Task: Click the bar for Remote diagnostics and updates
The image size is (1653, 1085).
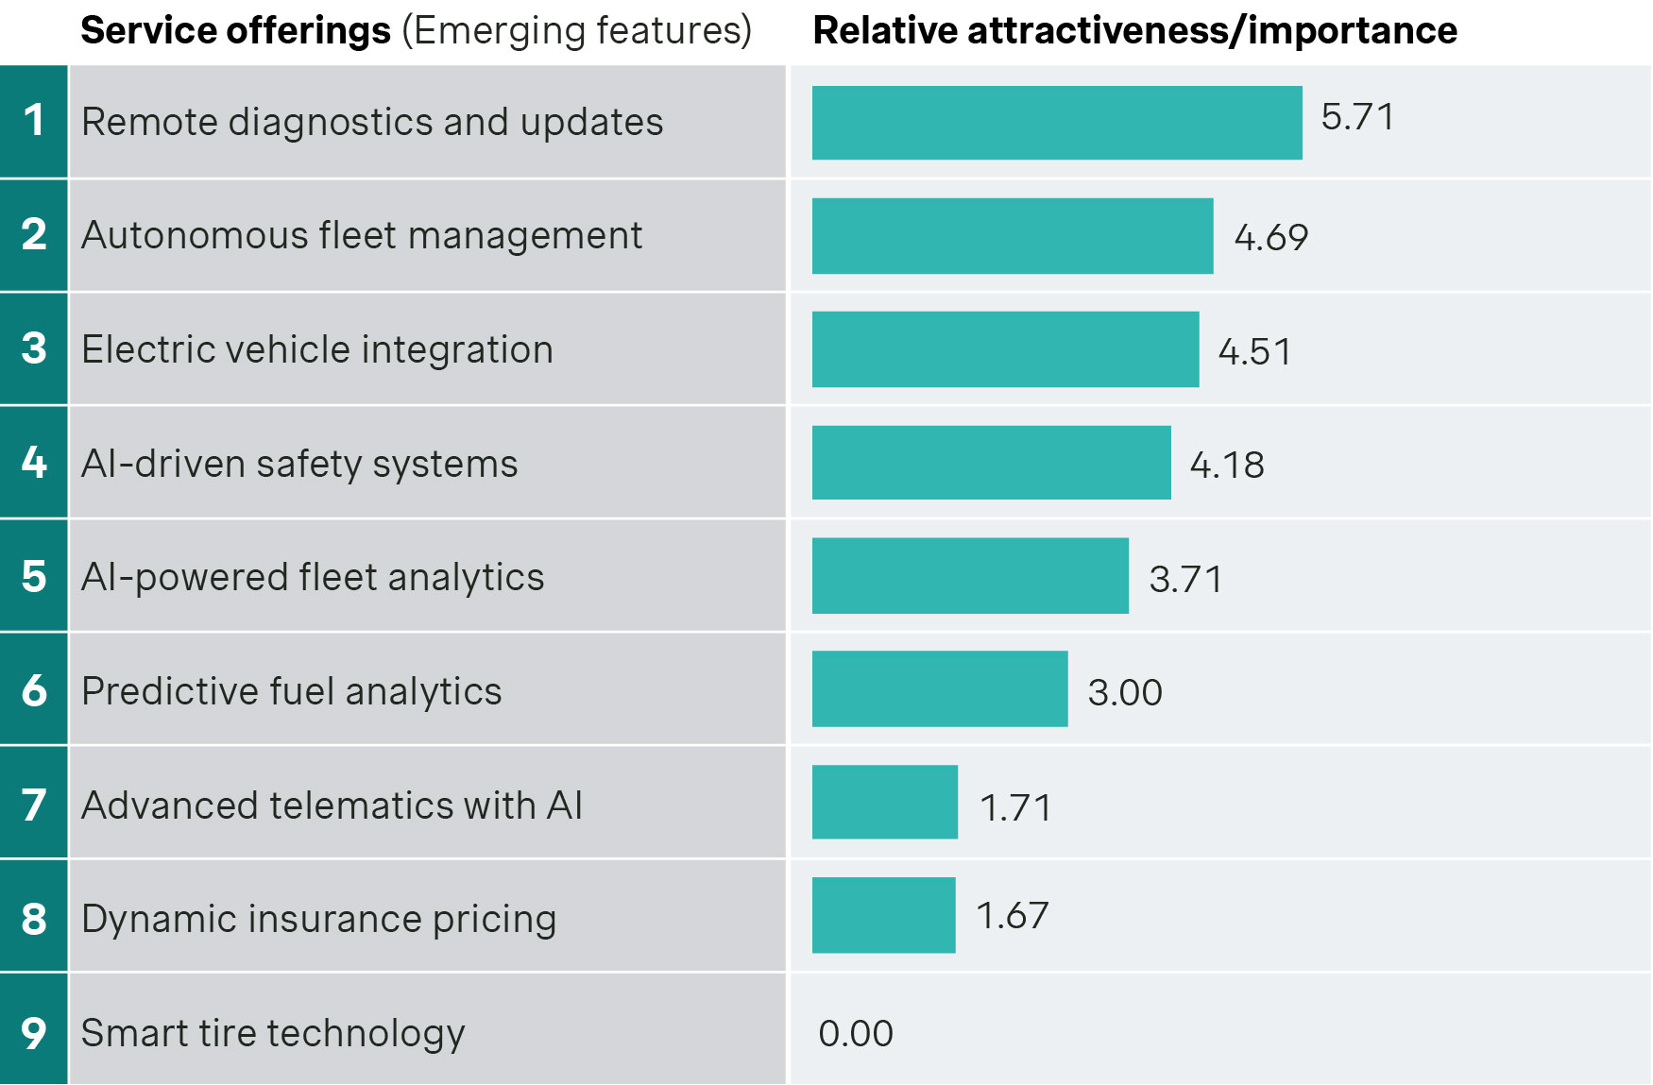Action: click(x=1056, y=123)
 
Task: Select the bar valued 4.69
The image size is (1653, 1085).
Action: click(x=1012, y=236)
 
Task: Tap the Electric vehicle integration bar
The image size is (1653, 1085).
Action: click(x=1005, y=349)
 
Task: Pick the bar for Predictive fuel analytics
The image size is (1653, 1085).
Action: click(x=939, y=689)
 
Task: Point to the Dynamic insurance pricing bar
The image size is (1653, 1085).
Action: click(x=883, y=915)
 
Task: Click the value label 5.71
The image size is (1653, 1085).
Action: click(x=1357, y=117)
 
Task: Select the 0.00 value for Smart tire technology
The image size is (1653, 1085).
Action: click(x=855, y=1033)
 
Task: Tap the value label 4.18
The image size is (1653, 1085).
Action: click(x=1226, y=465)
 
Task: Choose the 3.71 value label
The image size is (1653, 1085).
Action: click(x=1185, y=579)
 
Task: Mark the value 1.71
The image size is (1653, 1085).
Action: click(x=1015, y=807)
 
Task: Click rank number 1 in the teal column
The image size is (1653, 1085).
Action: click(x=34, y=121)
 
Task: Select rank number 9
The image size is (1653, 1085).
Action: click(x=34, y=1031)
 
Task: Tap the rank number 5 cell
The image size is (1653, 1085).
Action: click(x=34, y=576)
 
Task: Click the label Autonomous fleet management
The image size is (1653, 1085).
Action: click(x=362, y=235)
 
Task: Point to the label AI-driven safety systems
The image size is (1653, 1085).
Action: click(x=299, y=464)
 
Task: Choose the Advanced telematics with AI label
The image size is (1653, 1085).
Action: click(x=332, y=805)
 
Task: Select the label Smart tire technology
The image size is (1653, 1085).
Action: click(x=273, y=1033)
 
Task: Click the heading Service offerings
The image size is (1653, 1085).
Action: click(x=235, y=30)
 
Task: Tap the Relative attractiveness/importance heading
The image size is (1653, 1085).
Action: click(x=1134, y=30)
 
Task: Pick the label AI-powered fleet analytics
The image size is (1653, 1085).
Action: click(x=313, y=577)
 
